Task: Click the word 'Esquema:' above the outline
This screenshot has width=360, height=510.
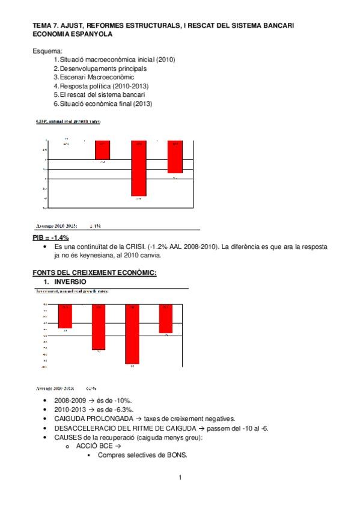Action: pyautogui.click(x=47, y=51)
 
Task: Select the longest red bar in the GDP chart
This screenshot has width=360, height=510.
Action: pyautogui.click(x=139, y=169)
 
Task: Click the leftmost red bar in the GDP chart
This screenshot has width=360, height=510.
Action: pyautogui.click(x=102, y=150)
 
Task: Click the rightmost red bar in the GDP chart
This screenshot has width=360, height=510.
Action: pyautogui.click(x=175, y=157)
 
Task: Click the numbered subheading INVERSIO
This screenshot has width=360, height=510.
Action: pyautogui.click(x=70, y=281)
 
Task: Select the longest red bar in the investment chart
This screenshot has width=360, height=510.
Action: pyautogui.click(x=133, y=334)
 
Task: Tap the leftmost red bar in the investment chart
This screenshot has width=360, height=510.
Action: pyautogui.click(x=65, y=316)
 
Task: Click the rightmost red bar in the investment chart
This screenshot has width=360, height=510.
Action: pyautogui.click(x=166, y=318)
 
